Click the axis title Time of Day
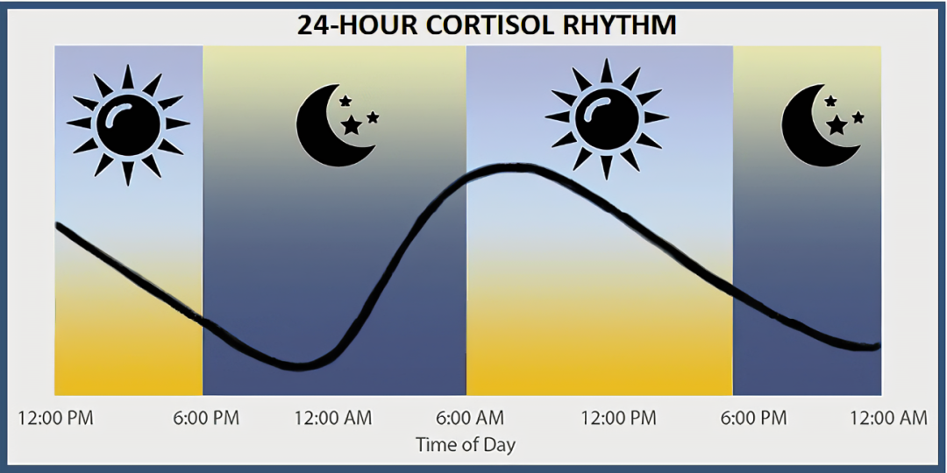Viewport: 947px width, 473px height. [466, 445]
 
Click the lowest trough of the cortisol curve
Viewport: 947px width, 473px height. [297, 366]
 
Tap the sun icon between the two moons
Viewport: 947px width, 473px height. [607, 119]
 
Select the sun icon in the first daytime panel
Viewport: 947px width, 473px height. [128, 124]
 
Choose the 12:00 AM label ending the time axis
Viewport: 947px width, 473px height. [888, 418]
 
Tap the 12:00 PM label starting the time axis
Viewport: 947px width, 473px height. [55, 418]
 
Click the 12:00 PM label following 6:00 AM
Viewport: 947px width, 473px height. [618, 418]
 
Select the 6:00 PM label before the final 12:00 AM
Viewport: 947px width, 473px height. [754, 418]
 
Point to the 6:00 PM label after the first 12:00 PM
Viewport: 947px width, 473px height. [207, 418]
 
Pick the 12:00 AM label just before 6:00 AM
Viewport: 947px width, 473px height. [333, 418]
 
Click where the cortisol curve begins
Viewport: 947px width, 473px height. [57, 225]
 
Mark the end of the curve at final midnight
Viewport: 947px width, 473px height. [878, 346]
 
